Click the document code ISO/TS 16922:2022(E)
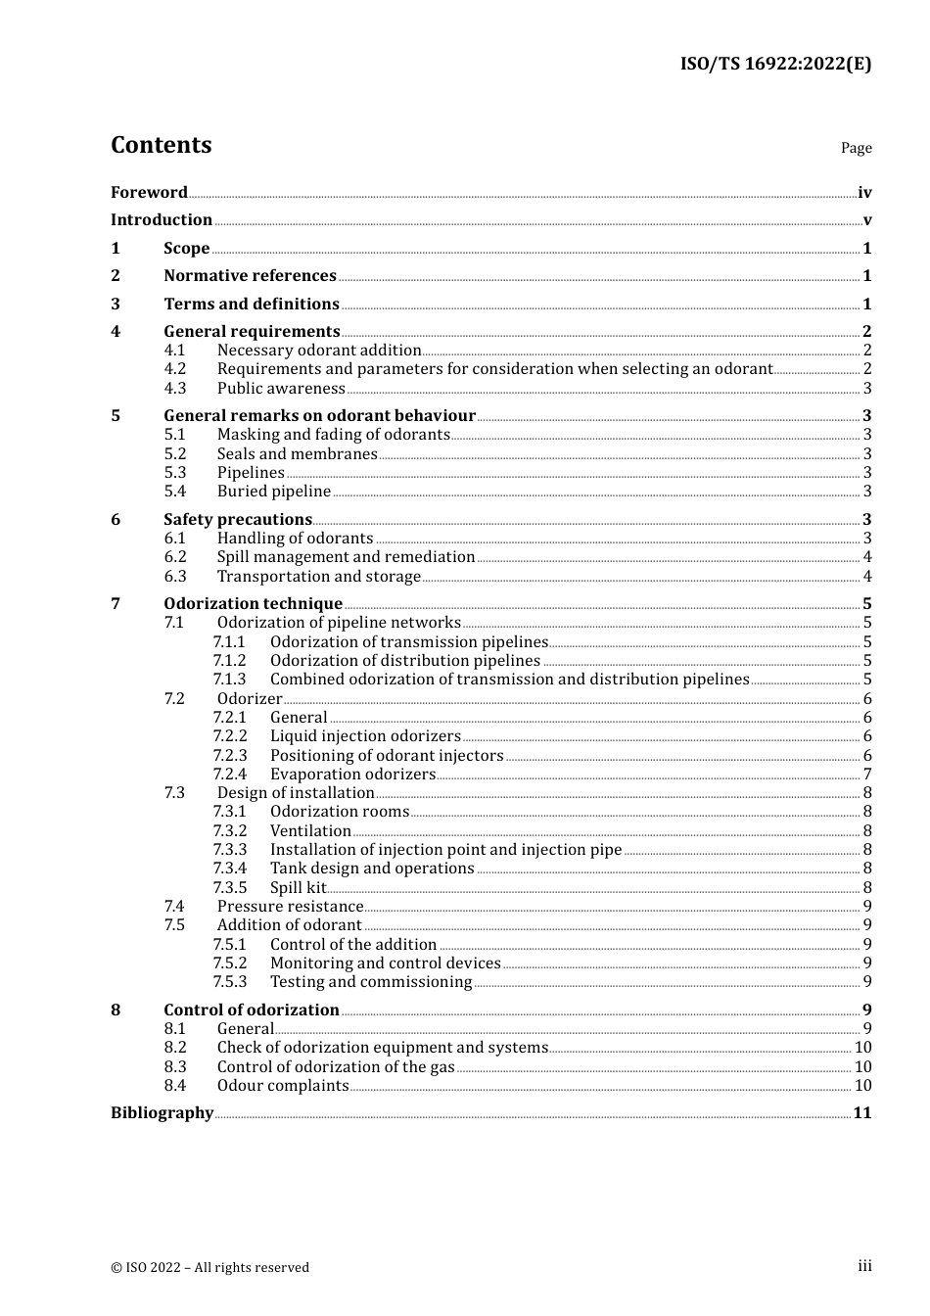tap(775, 64)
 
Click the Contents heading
tap(161, 145)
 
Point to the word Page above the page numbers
tap(856, 148)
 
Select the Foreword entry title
tap(149, 192)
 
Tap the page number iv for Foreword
tap(864, 193)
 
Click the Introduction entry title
tap(162, 220)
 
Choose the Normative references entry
tap(250, 276)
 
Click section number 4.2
tap(174, 369)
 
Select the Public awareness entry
tap(281, 389)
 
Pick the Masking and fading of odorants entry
tap(333, 435)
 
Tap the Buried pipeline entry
tap(274, 492)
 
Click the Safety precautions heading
tap(238, 520)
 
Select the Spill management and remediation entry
tap(346, 557)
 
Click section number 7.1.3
tap(230, 680)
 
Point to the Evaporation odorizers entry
tap(352, 775)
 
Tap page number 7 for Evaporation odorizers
tap(867, 775)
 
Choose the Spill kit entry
tap(298, 888)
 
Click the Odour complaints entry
tap(283, 1086)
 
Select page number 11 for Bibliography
tap(861, 1113)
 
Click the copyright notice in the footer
tap(209, 1267)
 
